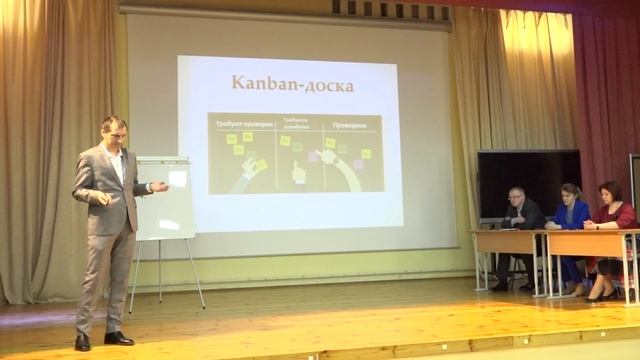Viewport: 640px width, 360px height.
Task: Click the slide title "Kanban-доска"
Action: [293, 84]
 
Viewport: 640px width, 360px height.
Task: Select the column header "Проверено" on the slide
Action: [350, 126]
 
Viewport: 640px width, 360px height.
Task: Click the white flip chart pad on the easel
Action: [167, 198]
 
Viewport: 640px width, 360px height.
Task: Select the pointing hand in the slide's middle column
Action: [297, 172]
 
